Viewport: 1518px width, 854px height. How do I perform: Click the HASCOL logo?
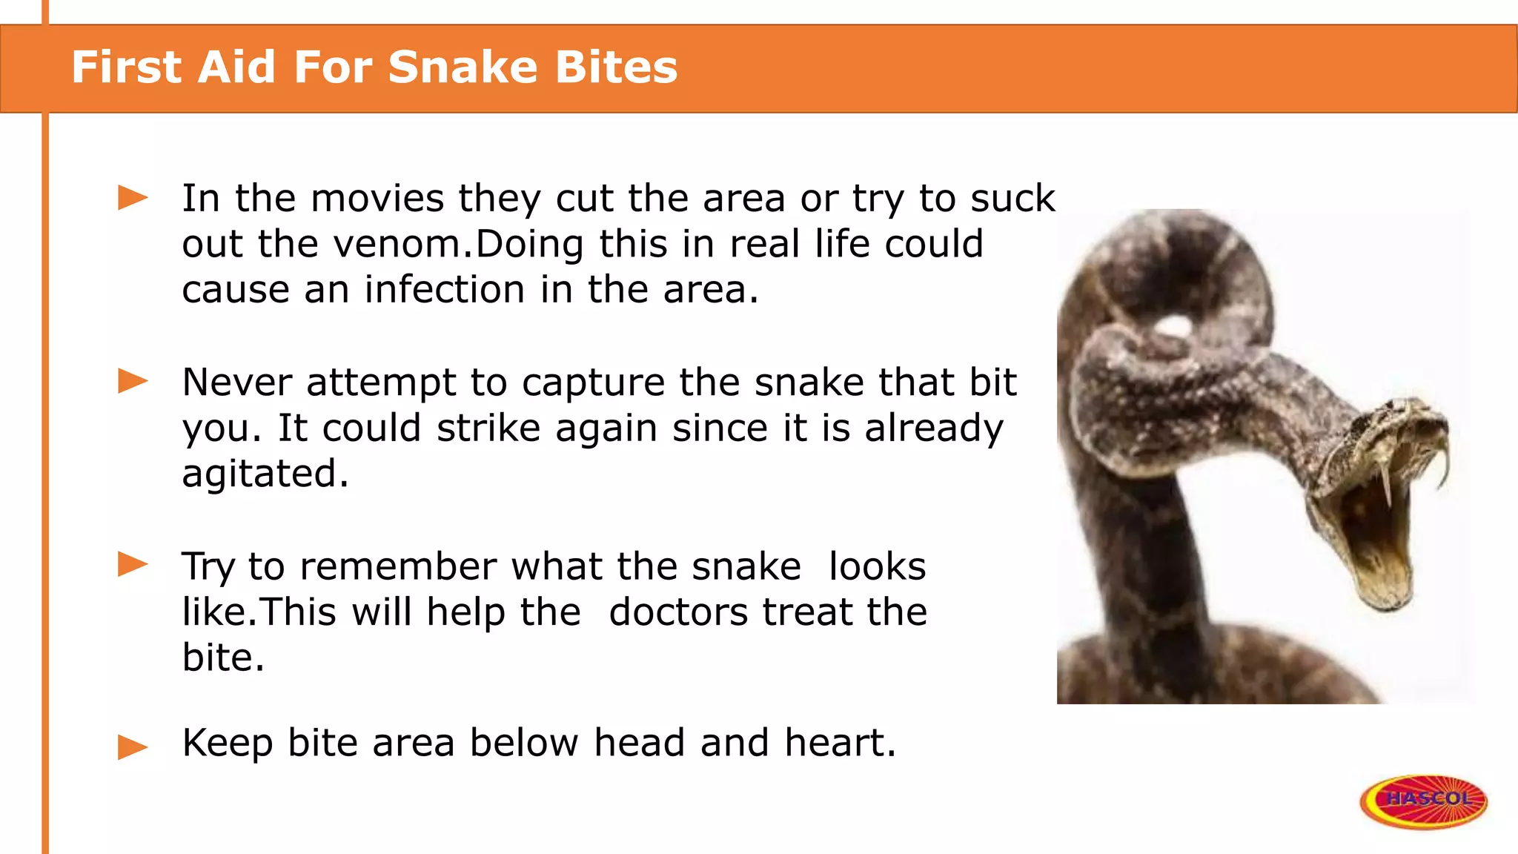tap(1423, 801)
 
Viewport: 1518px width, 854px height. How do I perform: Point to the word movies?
tap(377, 199)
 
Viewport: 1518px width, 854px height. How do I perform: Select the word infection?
tap(445, 290)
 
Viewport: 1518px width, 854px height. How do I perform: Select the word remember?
tap(398, 567)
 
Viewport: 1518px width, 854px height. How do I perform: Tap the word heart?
tap(840, 743)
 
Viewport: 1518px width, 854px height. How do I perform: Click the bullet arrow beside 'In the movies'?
tap(133, 198)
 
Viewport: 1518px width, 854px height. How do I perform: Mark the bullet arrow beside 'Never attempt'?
tap(133, 382)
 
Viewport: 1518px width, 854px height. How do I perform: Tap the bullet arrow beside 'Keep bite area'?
tap(133, 747)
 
